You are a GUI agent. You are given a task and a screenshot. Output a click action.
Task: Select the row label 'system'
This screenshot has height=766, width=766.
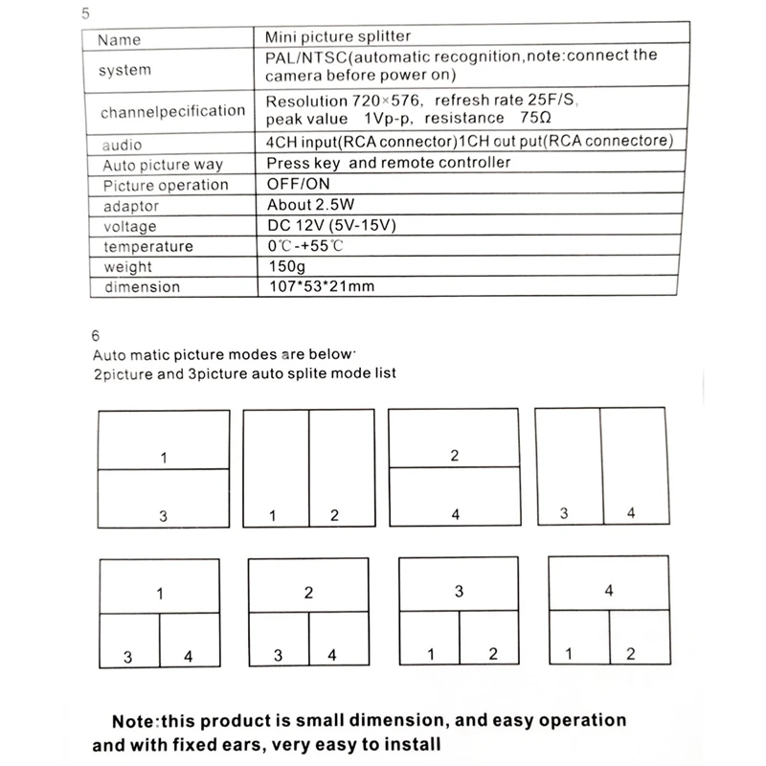(125, 70)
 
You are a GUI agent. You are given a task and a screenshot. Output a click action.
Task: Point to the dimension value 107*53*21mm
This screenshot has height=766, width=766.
(319, 286)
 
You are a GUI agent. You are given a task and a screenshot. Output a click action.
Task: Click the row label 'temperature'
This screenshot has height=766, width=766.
(148, 246)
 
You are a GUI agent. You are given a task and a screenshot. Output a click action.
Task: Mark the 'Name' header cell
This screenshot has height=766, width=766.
(120, 39)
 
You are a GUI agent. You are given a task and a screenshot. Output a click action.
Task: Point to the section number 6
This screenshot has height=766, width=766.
(94, 336)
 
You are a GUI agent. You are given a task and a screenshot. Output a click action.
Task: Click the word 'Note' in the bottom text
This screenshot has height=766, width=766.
(140, 720)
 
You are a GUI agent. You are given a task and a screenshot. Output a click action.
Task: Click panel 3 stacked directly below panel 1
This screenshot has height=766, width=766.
(164, 497)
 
